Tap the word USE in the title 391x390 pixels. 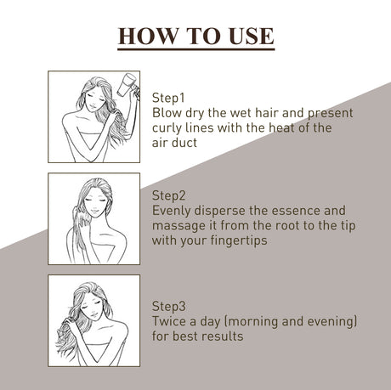pyautogui.click(x=252, y=37)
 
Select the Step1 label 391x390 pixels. pyautogui.click(x=168, y=98)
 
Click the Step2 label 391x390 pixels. pyautogui.click(x=169, y=195)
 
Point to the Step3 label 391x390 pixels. pyautogui.click(x=169, y=306)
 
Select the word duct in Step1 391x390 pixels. pyautogui.click(x=185, y=143)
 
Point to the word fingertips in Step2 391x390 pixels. pyautogui.click(x=239, y=241)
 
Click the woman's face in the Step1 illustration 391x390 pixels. pyautogui.click(x=95, y=100)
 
